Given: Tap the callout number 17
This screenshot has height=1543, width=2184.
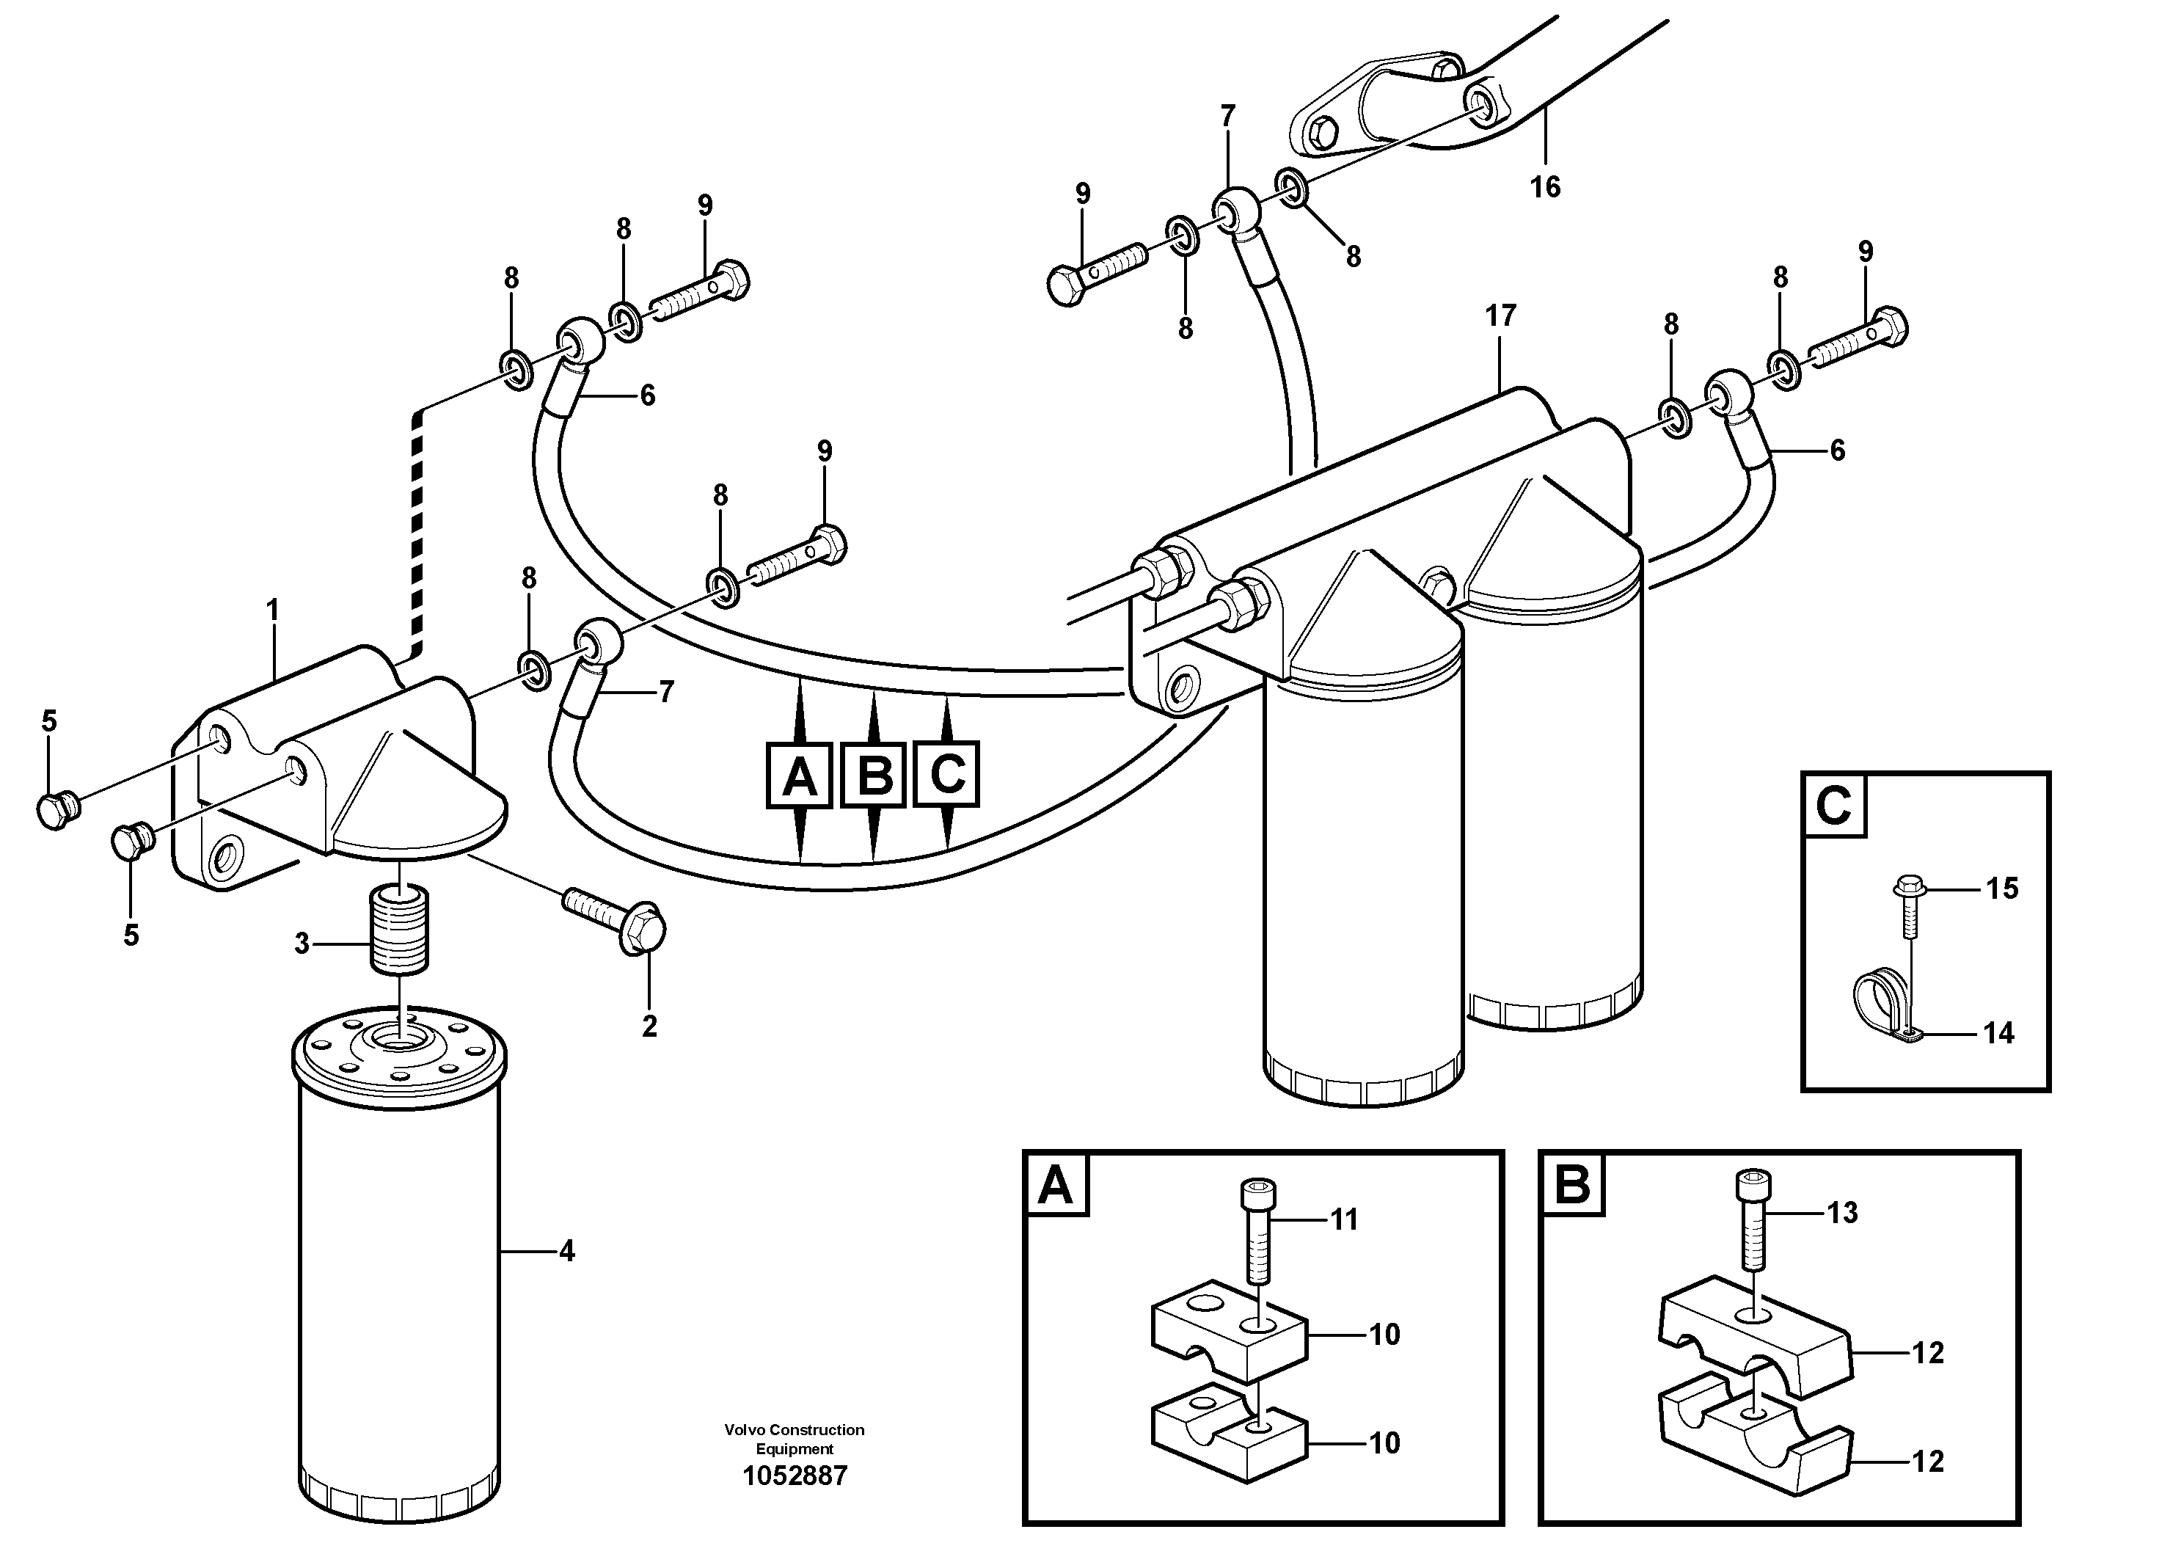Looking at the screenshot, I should pyautogui.click(x=1500, y=315).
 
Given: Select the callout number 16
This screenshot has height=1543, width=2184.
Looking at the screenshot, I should pyautogui.click(x=1545, y=187).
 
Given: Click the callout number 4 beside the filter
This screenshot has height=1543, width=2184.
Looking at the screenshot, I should pyautogui.click(x=567, y=1252).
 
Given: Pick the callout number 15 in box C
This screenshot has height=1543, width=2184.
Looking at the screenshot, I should pyautogui.click(x=2001, y=889).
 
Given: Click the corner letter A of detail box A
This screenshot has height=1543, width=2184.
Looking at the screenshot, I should pyautogui.click(x=1056, y=1186).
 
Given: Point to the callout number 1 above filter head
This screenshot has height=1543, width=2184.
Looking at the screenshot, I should pyautogui.click(x=273, y=610).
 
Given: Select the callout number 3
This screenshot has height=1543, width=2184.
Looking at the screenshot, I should pyautogui.click(x=302, y=944).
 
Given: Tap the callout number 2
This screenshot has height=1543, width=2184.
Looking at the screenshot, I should pyautogui.click(x=650, y=1026).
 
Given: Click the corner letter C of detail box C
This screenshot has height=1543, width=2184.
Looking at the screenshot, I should pyautogui.click(x=1833, y=806).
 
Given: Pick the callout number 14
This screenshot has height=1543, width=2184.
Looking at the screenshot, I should pyautogui.click(x=1998, y=1033).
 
